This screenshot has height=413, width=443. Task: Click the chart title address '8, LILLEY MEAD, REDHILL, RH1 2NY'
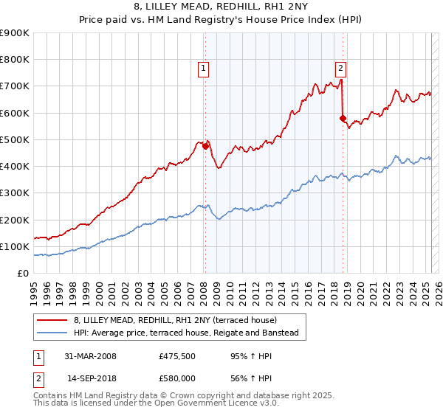click(x=221, y=7)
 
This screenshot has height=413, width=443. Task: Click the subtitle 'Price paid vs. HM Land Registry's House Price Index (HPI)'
click(x=221, y=20)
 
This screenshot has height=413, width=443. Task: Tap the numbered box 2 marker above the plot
click(x=340, y=69)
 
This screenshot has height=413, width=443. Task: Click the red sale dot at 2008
click(x=205, y=146)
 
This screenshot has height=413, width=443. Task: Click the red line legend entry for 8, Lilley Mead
click(x=175, y=320)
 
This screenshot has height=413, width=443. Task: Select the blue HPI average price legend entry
click(x=185, y=333)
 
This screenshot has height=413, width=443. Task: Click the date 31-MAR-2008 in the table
click(x=90, y=356)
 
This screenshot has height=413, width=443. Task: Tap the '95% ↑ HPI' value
click(x=241, y=356)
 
